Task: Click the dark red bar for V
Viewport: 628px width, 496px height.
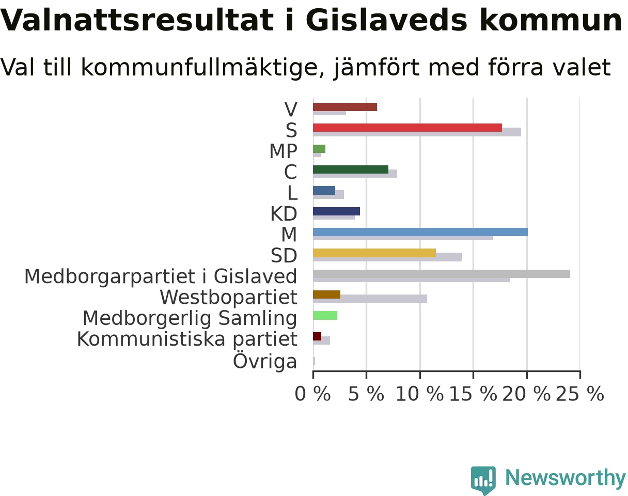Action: coord(345,107)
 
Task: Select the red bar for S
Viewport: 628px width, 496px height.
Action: coord(407,128)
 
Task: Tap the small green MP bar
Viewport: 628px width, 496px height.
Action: coord(319,149)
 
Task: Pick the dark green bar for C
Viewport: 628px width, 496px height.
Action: coord(351,169)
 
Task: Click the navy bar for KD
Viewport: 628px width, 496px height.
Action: coord(337,211)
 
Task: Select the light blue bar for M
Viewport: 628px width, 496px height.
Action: coord(420,232)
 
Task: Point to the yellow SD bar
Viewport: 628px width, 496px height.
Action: coord(374,253)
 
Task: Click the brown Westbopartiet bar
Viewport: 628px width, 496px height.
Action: coord(327,295)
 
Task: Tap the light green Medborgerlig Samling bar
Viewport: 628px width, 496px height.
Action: coord(325,315)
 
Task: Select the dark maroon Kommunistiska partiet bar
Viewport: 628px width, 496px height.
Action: coord(317,336)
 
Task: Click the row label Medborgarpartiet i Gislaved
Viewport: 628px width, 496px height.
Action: coord(161,276)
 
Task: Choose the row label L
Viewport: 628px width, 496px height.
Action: coord(292,193)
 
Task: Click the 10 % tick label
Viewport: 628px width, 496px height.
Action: coord(420,394)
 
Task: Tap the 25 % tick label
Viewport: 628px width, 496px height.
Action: coord(580,394)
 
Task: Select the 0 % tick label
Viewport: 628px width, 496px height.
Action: coord(313,394)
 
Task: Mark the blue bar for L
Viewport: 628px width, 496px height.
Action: coord(324,190)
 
